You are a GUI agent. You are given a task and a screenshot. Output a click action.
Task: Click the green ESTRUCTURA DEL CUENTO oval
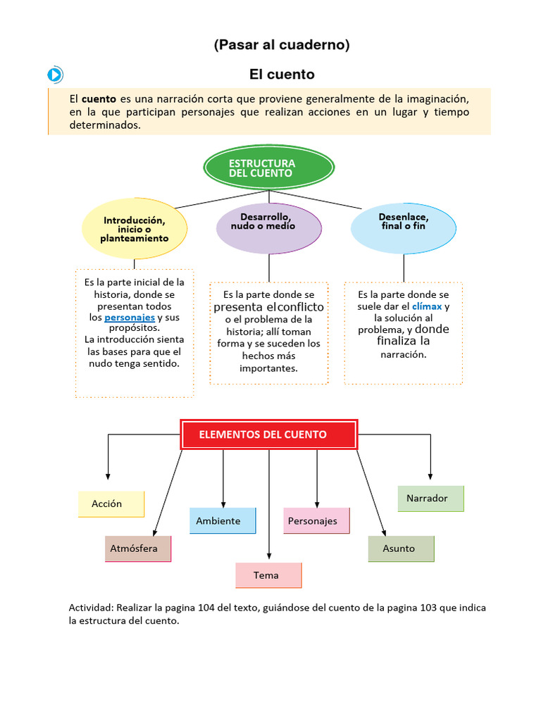point(268,168)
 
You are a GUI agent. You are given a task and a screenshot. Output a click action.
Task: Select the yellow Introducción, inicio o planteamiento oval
point(135,229)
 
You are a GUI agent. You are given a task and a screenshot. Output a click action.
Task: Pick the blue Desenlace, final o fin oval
point(403,227)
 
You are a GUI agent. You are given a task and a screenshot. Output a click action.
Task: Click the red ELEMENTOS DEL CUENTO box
point(270,434)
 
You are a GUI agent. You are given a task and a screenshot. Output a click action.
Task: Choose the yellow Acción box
point(111,504)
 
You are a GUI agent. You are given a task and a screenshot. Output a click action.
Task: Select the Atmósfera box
point(138,548)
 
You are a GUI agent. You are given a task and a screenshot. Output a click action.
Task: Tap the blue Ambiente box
point(222,521)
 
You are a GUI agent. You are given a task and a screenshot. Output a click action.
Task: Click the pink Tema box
point(268,575)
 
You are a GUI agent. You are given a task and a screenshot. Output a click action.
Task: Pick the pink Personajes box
point(316,521)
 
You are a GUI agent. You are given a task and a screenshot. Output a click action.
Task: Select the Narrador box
point(430,499)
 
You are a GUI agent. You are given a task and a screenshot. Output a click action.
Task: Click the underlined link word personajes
point(130,318)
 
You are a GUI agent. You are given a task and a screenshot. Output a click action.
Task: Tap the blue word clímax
point(427,306)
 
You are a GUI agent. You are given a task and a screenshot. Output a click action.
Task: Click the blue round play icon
point(56,75)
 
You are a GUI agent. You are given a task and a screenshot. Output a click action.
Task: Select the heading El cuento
point(282,74)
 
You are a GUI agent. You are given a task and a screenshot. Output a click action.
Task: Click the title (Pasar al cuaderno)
point(282,45)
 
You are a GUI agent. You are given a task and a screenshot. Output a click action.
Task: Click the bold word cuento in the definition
point(99,99)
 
